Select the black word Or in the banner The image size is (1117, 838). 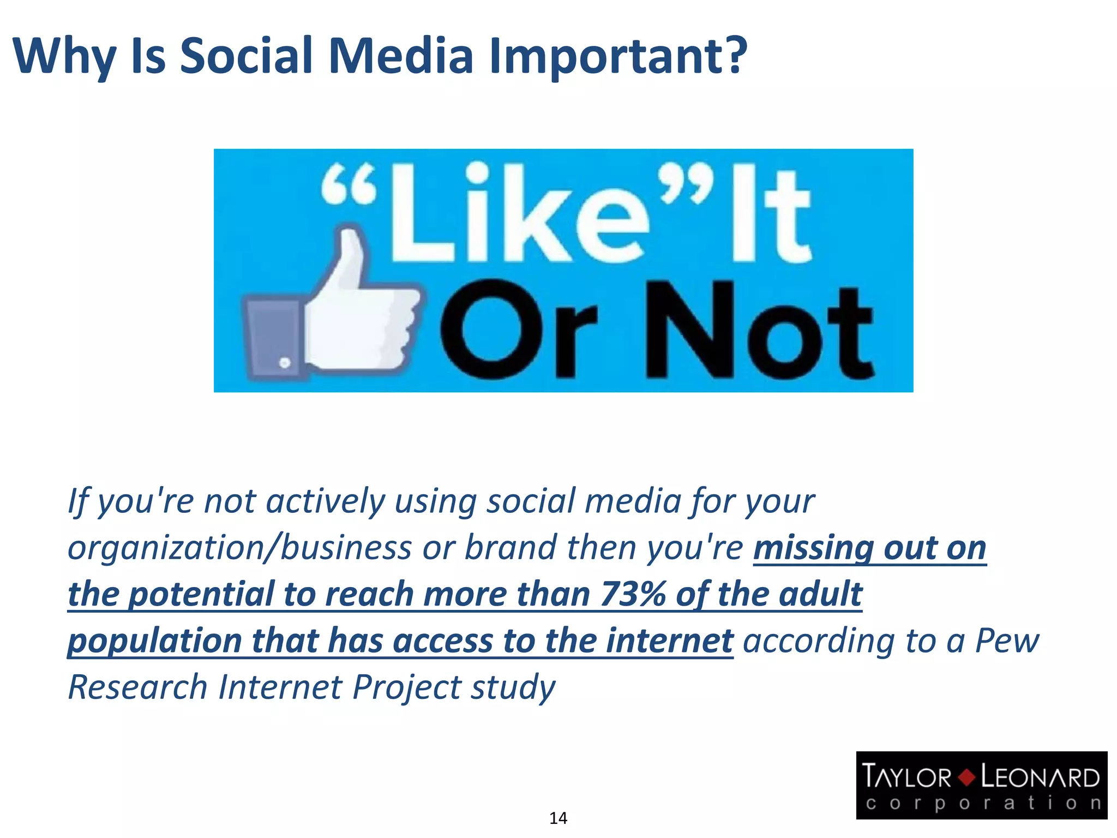(518, 330)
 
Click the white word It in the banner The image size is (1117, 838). (769, 216)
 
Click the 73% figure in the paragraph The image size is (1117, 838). (632, 594)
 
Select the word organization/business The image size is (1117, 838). (240, 548)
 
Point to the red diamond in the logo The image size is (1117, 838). (966, 777)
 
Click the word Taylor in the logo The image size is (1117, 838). (906, 777)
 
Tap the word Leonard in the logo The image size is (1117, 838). (1040, 777)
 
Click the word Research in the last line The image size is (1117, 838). (137, 687)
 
